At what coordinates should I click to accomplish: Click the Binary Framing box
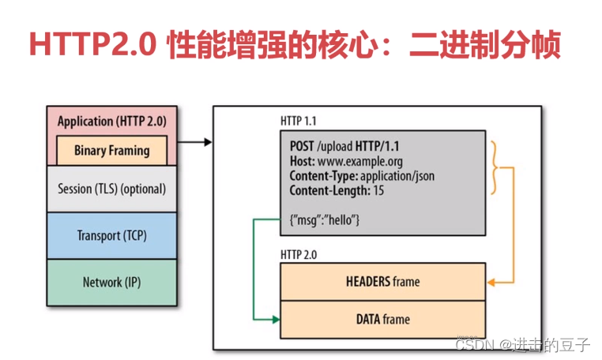coord(111,150)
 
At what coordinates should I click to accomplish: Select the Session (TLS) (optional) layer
coord(111,189)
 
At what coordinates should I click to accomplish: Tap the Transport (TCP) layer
coord(111,235)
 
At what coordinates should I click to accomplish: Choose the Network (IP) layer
coord(111,282)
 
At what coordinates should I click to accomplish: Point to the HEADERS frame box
coord(382,281)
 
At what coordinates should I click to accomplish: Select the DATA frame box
coord(382,319)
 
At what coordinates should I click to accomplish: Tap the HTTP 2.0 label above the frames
coord(298,254)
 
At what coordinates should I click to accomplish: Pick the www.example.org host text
coord(354,162)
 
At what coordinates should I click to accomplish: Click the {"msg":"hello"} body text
coord(325,219)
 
